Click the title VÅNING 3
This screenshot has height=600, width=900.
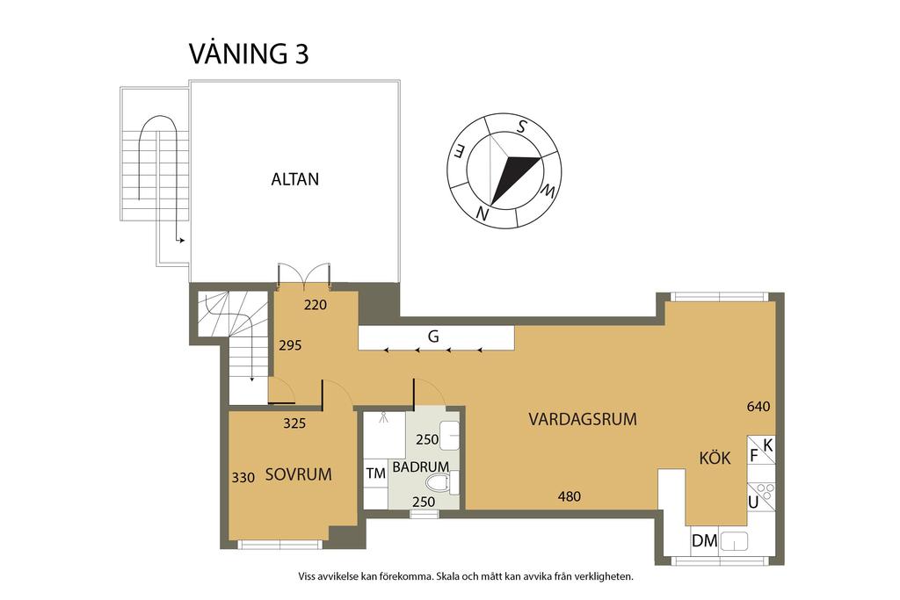(x=249, y=54)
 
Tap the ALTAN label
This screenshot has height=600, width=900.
(x=294, y=179)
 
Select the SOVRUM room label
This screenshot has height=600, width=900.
(x=298, y=474)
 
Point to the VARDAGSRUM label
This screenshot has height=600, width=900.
(x=582, y=419)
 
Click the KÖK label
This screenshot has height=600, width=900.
(x=715, y=458)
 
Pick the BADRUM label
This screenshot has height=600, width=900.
(x=421, y=467)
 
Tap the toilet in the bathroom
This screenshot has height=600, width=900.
(x=439, y=481)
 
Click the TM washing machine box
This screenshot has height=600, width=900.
(x=375, y=474)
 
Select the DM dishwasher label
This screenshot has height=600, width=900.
(x=704, y=541)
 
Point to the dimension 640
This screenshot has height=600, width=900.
(x=758, y=407)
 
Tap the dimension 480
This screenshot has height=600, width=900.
(x=570, y=496)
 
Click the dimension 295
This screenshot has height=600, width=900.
(x=290, y=345)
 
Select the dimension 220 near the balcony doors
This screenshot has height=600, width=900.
(x=315, y=307)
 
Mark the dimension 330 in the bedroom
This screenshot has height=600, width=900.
(x=243, y=478)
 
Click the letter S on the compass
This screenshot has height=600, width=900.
(x=521, y=127)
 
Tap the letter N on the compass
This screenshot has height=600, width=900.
(x=483, y=213)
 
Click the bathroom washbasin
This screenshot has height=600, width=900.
(x=449, y=433)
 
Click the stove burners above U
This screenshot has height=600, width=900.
(x=762, y=490)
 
